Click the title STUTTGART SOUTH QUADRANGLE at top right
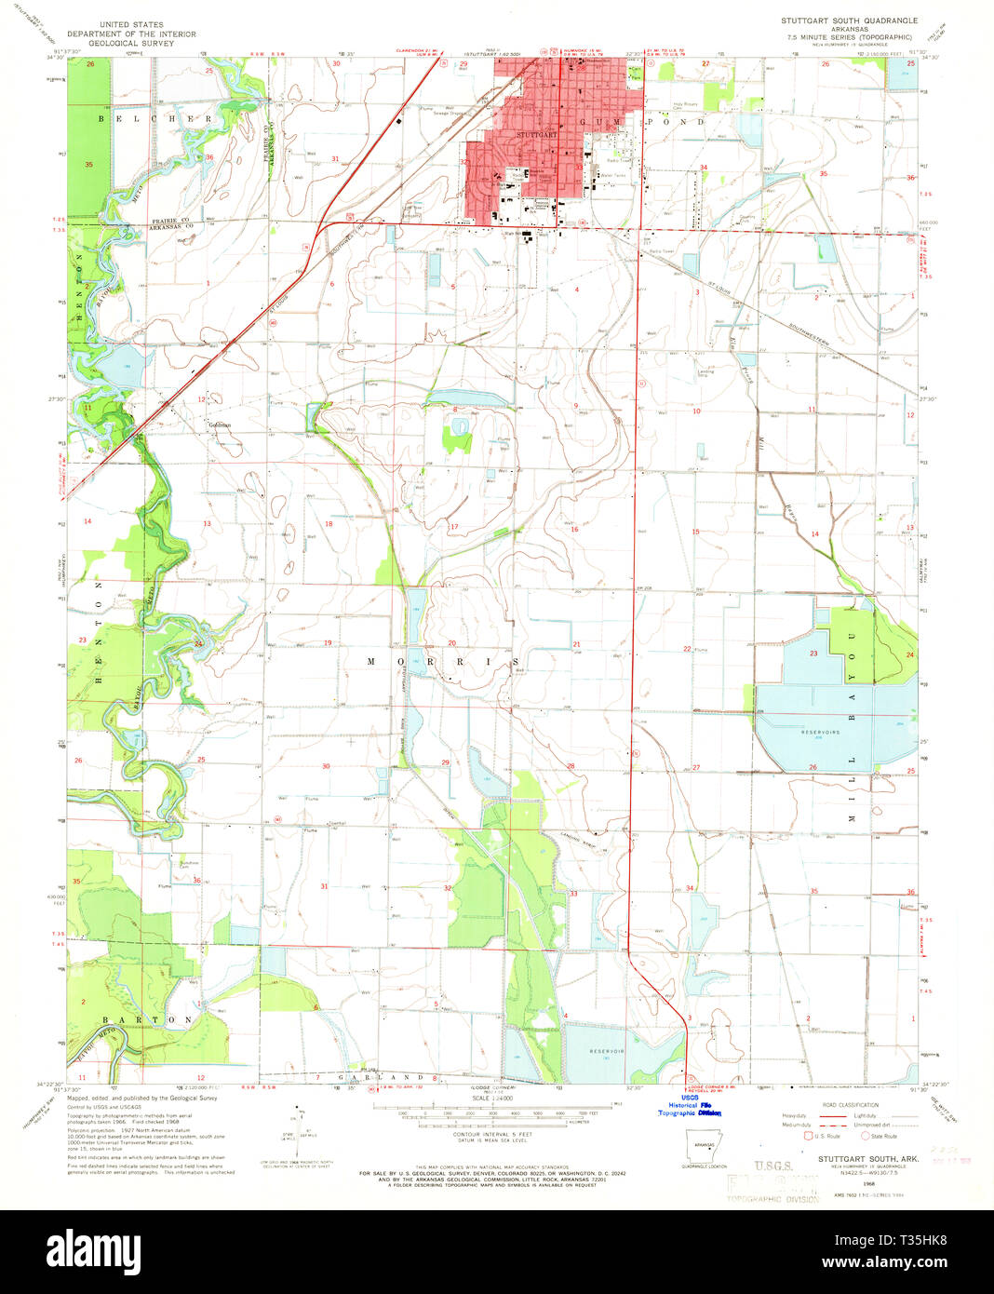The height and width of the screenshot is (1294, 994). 849,20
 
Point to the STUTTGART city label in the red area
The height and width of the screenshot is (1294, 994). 536,135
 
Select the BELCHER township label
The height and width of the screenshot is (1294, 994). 156,119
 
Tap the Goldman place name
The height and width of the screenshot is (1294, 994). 220,425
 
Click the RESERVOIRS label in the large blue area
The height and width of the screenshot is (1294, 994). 820,733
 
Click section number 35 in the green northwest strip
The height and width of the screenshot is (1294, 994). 88,165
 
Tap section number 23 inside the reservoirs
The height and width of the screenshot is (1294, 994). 813,654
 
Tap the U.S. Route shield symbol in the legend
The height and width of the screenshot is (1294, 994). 806,1137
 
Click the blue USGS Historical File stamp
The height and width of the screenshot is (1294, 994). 690,1105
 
